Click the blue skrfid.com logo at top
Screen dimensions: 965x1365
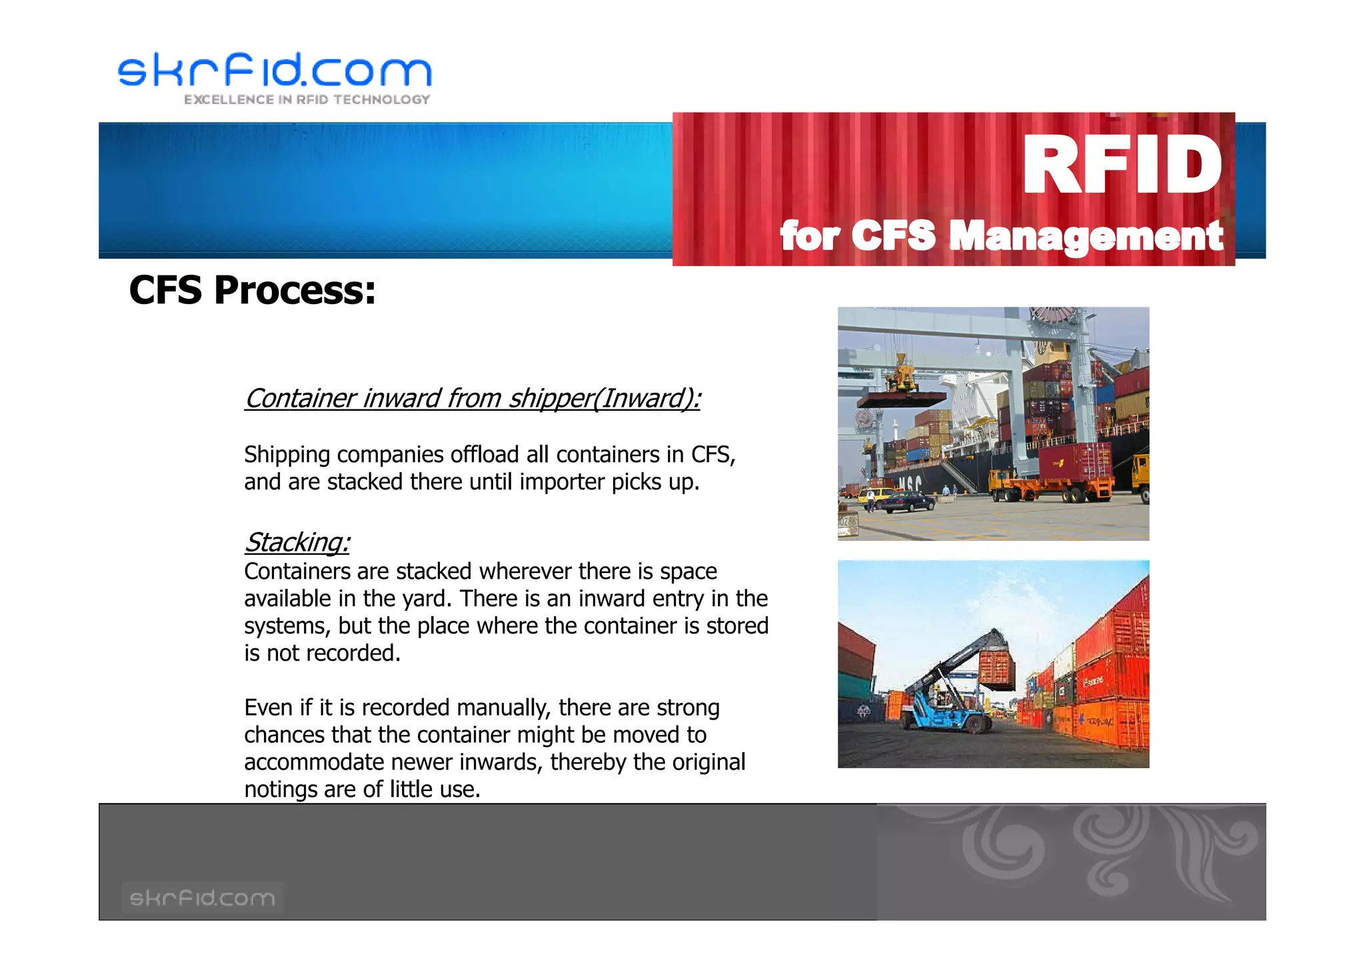[275, 70]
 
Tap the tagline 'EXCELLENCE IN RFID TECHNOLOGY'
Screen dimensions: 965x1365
[307, 100]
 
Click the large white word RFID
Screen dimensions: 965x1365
[1122, 165]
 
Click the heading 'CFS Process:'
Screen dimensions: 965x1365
[252, 291]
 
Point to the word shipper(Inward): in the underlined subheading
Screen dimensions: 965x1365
[605, 399]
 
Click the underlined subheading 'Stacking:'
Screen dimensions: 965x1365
[297, 542]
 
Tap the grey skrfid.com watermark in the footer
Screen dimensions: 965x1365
[202, 898]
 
